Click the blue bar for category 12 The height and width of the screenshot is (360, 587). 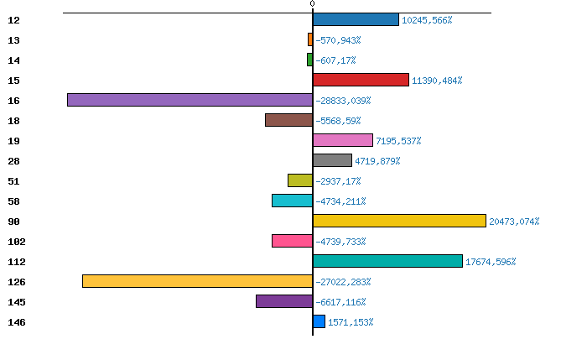(x=356, y=19)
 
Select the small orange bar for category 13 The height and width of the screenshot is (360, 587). (x=310, y=39)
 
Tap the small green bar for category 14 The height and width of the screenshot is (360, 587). (x=309, y=60)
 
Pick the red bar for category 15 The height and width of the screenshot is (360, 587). (x=361, y=80)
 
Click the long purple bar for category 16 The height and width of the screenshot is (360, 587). (x=190, y=100)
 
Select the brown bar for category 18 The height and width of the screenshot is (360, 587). (x=288, y=120)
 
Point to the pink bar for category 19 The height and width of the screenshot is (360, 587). (x=342, y=140)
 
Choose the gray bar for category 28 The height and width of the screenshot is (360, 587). (x=332, y=160)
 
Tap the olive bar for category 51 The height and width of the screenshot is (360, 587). (x=299, y=180)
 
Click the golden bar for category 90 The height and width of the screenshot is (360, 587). (x=399, y=221)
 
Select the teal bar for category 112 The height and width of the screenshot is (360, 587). (x=387, y=261)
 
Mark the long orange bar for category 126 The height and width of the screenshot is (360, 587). (x=197, y=281)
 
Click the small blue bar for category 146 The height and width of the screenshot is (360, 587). (x=319, y=321)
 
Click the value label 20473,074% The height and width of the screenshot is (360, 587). (x=514, y=222)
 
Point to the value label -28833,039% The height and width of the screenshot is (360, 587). (x=343, y=101)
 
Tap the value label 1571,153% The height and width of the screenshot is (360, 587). (x=351, y=322)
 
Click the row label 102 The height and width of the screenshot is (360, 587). (x=16, y=242)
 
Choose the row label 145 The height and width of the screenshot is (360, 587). (x=16, y=302)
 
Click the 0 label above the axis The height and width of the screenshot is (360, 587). (x=312, y=4)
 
